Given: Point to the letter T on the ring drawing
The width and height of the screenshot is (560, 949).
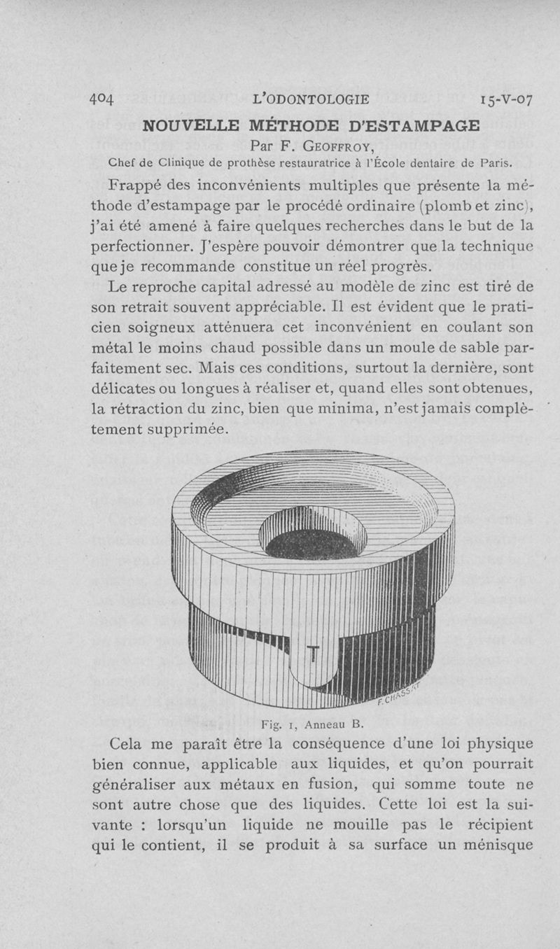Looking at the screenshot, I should click(312, 654).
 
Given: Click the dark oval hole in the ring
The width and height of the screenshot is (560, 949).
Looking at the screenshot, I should click(312, 544).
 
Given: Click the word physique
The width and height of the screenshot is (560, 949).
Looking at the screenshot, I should click(500, 746).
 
